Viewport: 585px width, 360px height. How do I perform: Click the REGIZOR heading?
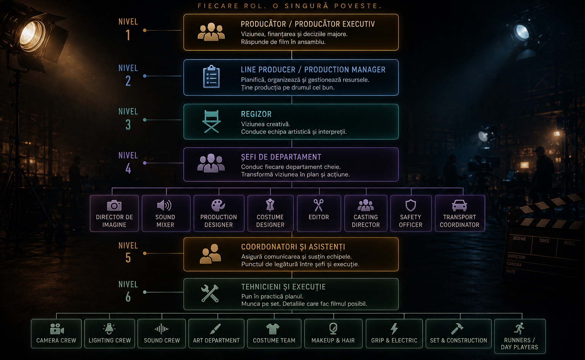(x=256, y=114)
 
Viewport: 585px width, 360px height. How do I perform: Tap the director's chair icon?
(x=211, y=122)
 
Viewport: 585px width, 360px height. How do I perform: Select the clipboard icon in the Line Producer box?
(x=211, y=77)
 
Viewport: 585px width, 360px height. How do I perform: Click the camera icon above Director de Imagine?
(x=114, y=206)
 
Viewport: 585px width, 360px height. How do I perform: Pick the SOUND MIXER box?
(x=166, y=213)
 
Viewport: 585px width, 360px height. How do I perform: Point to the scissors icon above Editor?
(x=318, y=205)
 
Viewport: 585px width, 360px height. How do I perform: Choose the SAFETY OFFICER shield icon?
(x=411, y=205)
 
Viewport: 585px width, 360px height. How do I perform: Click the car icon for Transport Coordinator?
(x=459, y=206)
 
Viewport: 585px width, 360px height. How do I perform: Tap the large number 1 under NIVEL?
(x=128, y=35)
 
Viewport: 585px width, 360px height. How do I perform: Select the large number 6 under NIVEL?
(x=128, y=297)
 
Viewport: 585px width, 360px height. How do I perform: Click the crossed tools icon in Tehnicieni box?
(x=210, y=294)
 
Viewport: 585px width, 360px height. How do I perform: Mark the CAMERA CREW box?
(x=56, y=334)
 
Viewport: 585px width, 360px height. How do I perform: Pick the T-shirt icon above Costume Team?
(x=273, y=329)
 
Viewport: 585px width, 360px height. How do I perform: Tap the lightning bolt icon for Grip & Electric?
(x=394, y=329)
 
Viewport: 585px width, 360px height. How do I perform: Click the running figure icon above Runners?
(x=519, y=328)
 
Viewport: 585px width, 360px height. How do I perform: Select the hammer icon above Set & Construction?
(x=457, y=329)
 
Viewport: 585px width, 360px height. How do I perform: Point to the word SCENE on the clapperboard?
(x=519, y=238)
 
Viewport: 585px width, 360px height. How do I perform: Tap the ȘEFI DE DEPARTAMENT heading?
(x=281, y=157)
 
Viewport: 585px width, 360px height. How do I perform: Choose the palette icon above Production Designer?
(x=218, y=205)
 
